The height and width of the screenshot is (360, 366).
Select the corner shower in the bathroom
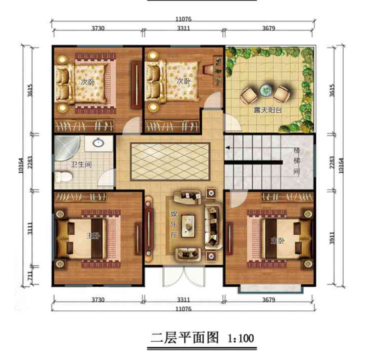[x=65, y=146]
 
